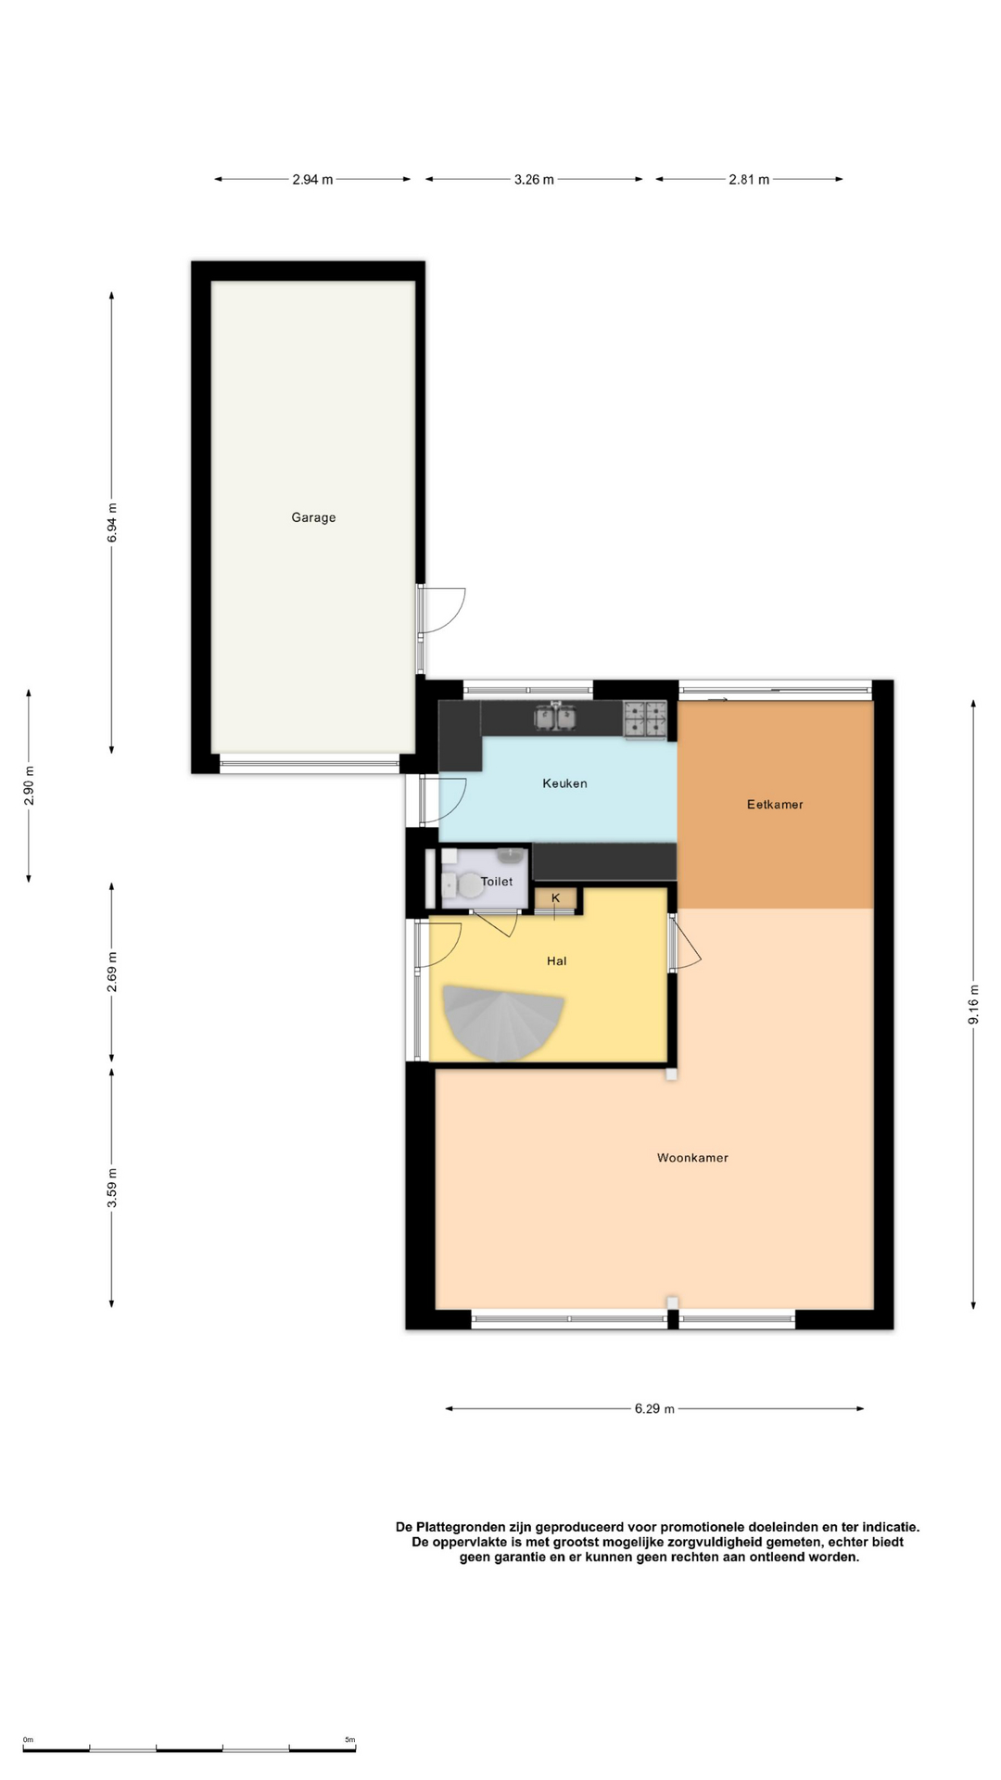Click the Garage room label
(313, 517)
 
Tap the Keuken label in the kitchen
(564, 783)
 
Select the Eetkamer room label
(775, 805)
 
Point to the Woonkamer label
(692, 1158)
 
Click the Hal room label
(556, 961)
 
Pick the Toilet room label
(497, 882)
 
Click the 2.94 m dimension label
(312, 180)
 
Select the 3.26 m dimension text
(534, 180)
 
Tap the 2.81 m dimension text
(749, 180)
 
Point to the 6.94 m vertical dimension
(112, 522)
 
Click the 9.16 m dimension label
(973, 1004)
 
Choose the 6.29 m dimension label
(654, 1409)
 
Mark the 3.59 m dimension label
(112, 1189)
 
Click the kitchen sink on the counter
(555, 717)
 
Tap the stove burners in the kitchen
(645, 720)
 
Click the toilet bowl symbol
(466, 886)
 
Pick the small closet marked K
(556, 898)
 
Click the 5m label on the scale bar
(349, 1740)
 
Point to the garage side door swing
(443, 610)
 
